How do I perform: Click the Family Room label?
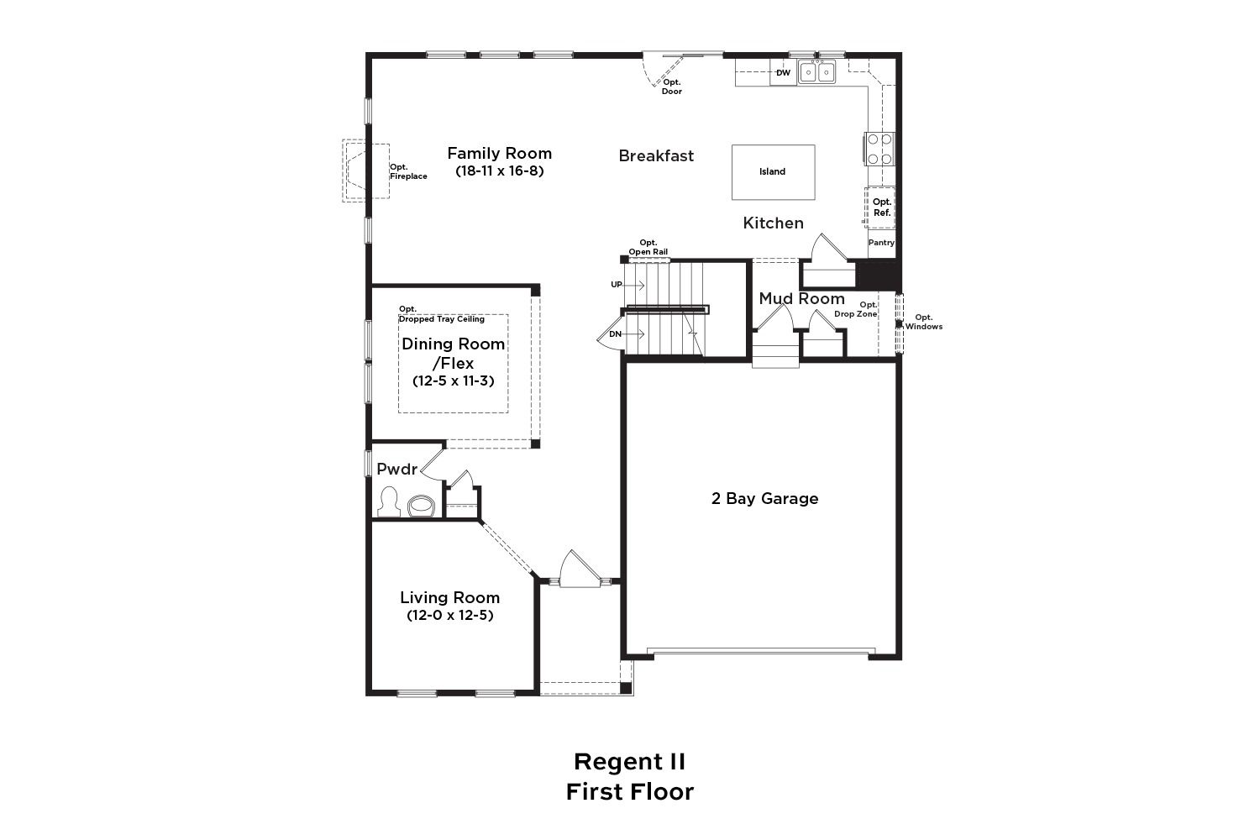point(500,154)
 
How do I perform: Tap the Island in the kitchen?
point(773,171)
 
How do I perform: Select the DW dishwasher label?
point(784,72)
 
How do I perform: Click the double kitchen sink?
point(817,72)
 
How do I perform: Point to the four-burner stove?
point(879,149)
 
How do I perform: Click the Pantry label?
point(881,243)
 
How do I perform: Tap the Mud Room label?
point(801,299)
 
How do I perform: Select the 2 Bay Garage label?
point(764,498)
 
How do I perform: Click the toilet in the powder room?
point(388,501)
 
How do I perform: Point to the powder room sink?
point(422,505)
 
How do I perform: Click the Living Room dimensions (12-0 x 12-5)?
point(450,615)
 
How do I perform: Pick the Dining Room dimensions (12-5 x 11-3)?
point(454,381)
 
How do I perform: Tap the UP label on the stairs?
point(617,285)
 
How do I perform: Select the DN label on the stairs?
point(616,334)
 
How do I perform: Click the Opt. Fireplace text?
point(408,171)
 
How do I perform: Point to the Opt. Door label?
point(672,87)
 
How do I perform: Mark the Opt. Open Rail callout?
point(648,248)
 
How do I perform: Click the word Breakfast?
point(656,156)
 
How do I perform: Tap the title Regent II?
point(629,762)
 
